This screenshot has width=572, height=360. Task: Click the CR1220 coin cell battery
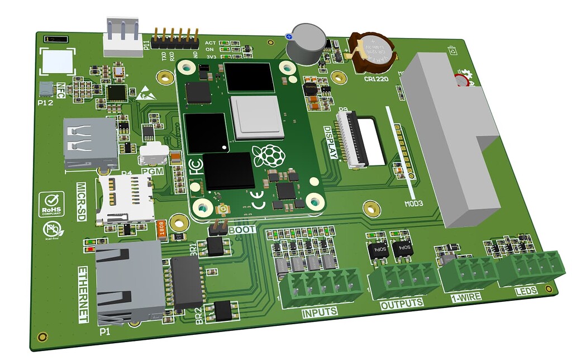[373, 51]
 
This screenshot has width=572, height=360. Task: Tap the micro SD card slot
[126, 198]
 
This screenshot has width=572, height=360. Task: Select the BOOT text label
[242, 229]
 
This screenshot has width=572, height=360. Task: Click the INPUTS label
[320, 312]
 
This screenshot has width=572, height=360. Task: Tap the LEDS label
[526, 291]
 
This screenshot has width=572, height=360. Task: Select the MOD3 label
[413, 203]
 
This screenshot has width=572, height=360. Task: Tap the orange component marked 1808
[162, 230]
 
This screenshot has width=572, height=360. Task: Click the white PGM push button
[154, 152]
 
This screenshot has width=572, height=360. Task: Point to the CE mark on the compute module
[260, 205]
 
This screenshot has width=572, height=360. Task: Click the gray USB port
[90, 143]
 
